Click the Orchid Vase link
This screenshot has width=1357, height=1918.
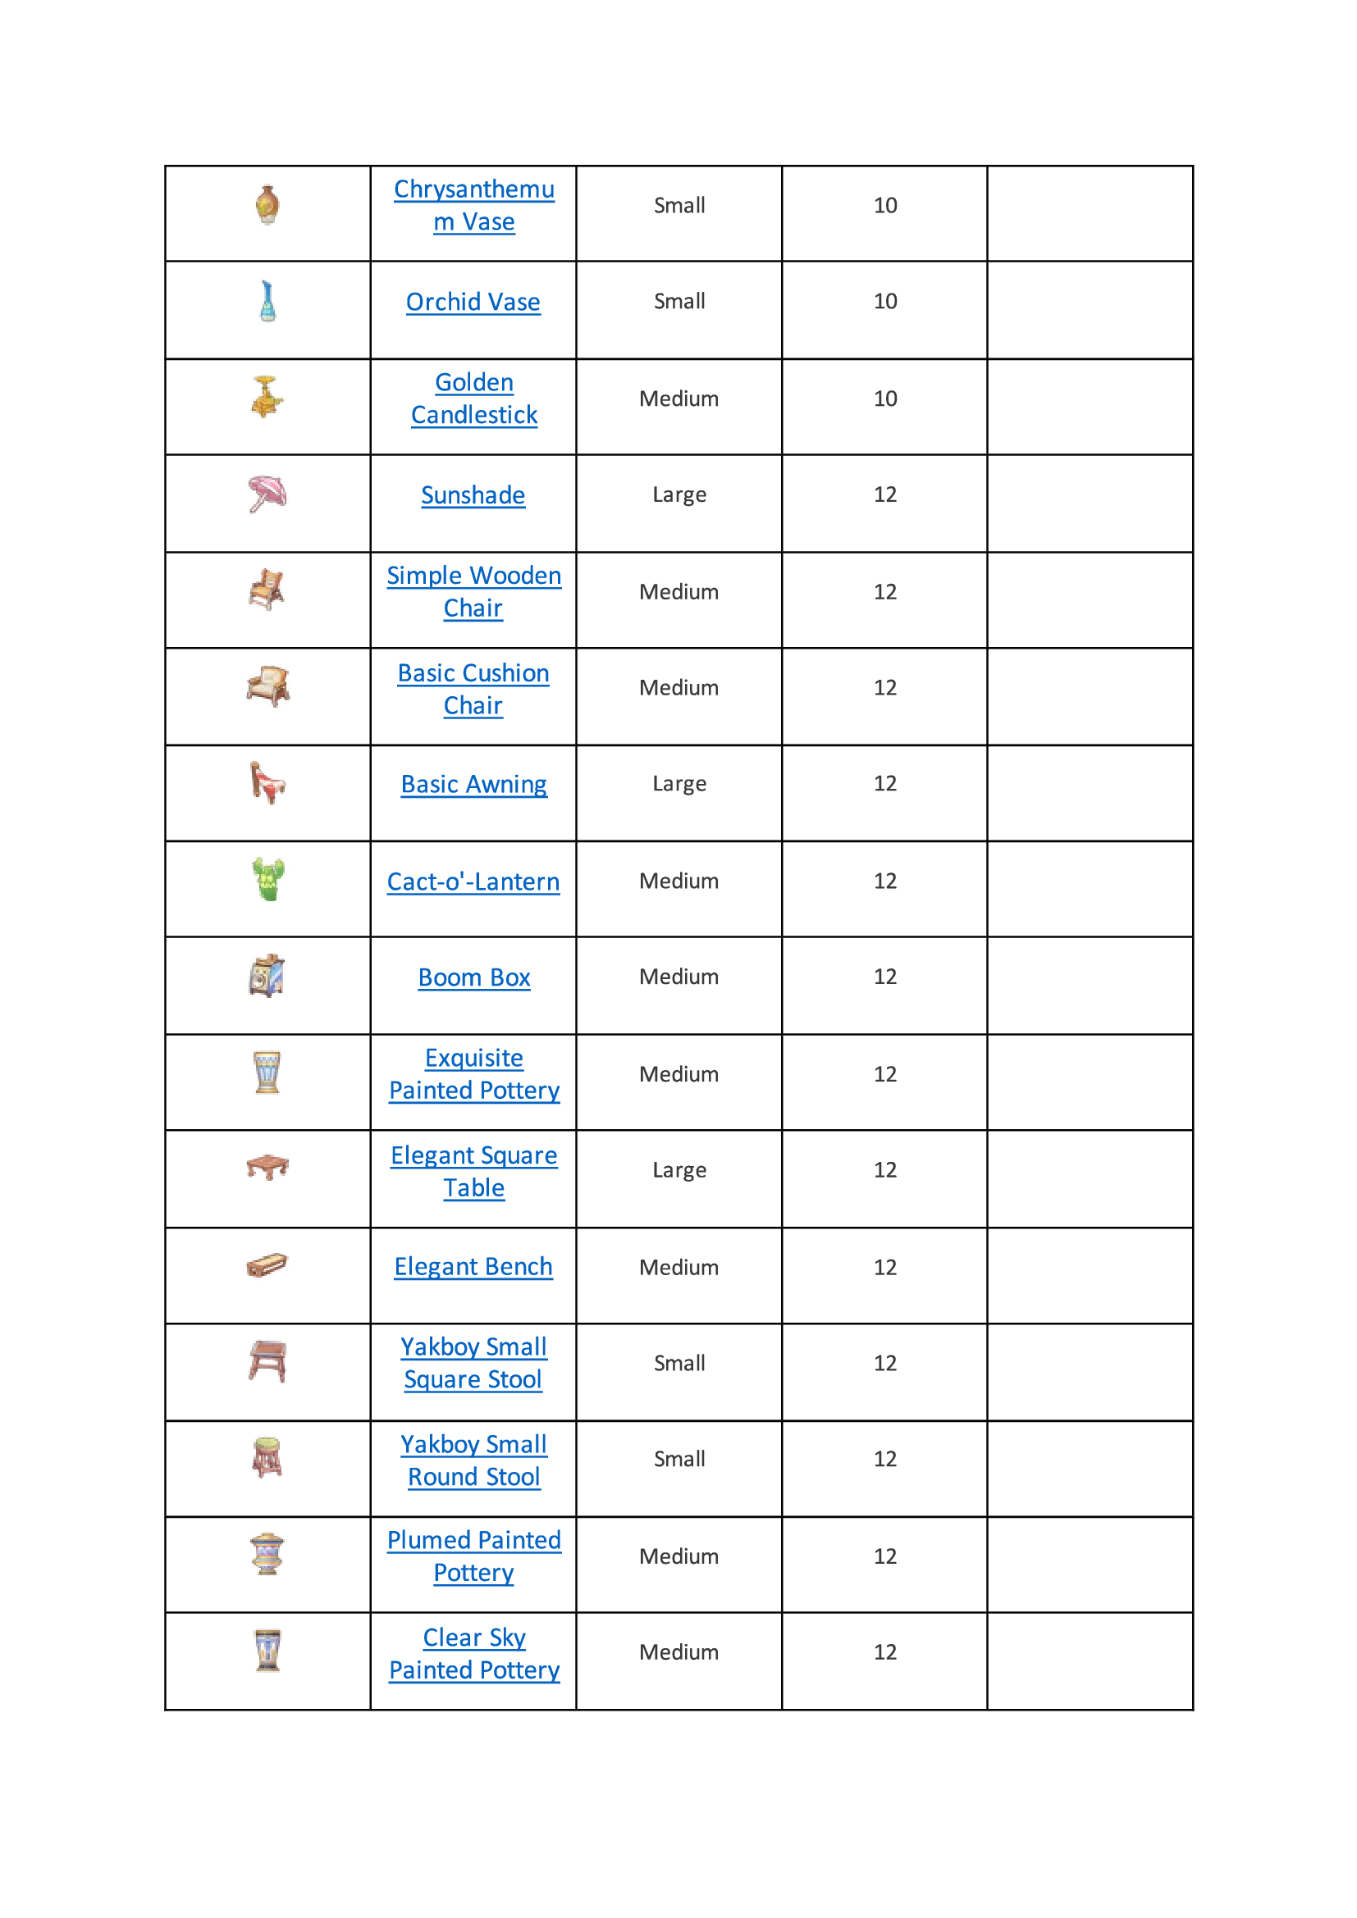[x=473, y=302]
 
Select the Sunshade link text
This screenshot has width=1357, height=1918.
[x=473, y=495]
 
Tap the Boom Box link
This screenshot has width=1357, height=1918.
[x=473, y=977]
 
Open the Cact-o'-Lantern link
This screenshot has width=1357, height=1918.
[x=473, y=882]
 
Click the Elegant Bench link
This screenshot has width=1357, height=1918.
[x=473, y=1266]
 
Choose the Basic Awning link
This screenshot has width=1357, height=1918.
[x=473, y=785]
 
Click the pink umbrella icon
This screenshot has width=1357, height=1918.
[x=267, y=494]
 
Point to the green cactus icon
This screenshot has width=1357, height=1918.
[x=268, y=880]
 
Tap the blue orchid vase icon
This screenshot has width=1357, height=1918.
[x=267, y=301]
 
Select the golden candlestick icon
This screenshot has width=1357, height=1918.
[x=267, y=397]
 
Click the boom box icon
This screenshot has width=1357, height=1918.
[x=267, y=976]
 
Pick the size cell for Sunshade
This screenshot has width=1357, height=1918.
[x=679, y=494]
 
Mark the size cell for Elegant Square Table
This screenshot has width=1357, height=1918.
[x=679, y=1170]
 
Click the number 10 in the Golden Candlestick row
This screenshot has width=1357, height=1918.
[x=885, y=399]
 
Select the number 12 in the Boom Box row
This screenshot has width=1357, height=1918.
[x=885, y=977]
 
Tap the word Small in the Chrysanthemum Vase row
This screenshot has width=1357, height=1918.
[x=679, y=206]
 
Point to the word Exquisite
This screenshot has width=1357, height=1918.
[x=473, y=1058]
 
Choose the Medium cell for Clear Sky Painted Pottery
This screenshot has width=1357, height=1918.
[x=679, y=1652]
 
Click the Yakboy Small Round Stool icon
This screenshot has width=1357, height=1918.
[x=267, y=1458]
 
